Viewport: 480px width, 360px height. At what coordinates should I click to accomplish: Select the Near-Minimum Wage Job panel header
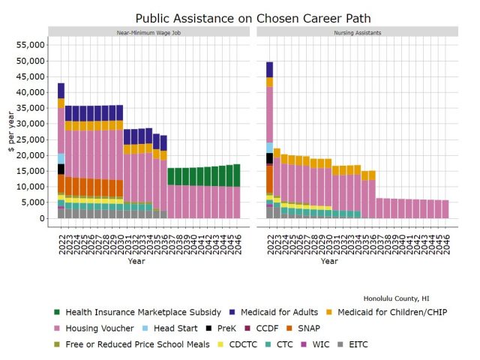(x=148, y=32)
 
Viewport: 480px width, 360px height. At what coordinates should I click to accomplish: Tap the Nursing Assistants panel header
(x=357, y=32)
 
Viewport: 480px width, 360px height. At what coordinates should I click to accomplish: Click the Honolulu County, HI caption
(x=407, y=298)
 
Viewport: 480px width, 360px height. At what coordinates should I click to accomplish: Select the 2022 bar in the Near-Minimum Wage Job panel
(x=61, y=151)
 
